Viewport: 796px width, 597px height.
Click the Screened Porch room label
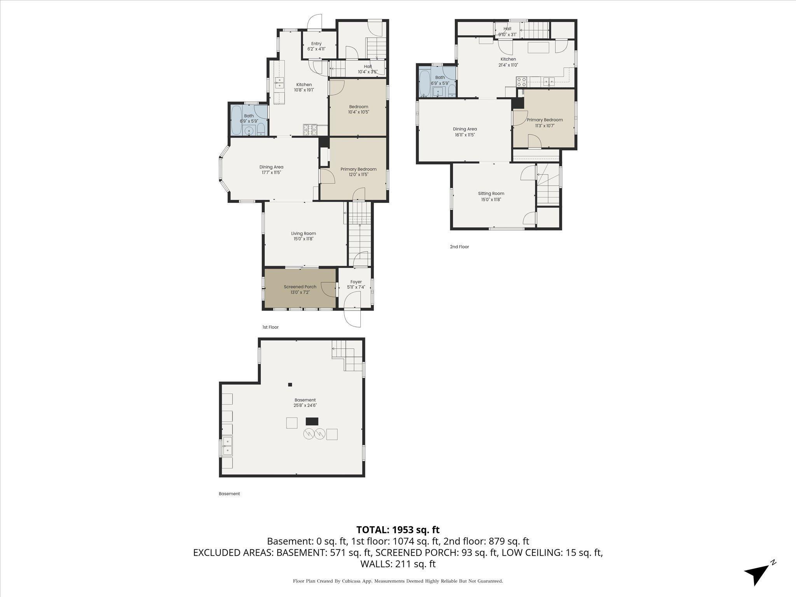click(300, 287)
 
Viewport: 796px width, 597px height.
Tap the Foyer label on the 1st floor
click(356, 282)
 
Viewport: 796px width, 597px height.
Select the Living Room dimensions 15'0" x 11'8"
click(303, 239)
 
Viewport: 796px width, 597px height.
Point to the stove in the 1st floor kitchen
click(310, 129)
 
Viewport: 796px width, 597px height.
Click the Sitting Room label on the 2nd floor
click(491, 194)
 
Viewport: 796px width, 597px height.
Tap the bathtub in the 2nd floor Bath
click(424, 82)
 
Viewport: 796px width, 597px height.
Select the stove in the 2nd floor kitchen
click(521, 82)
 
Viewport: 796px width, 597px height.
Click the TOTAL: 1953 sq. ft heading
click(398, 530)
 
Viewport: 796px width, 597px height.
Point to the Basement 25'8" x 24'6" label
click(305, 403)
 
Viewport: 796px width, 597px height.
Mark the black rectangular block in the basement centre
click(312, 421)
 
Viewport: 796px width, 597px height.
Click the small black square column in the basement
click(290, 385)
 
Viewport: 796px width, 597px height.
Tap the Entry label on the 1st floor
click(316, 44)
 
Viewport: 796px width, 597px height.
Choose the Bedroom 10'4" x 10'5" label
click(358, 109)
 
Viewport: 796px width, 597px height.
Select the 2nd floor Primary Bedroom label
click(545, 120)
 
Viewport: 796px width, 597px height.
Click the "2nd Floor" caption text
click(459, 247)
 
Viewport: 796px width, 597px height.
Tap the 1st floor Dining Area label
click(271, 167)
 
